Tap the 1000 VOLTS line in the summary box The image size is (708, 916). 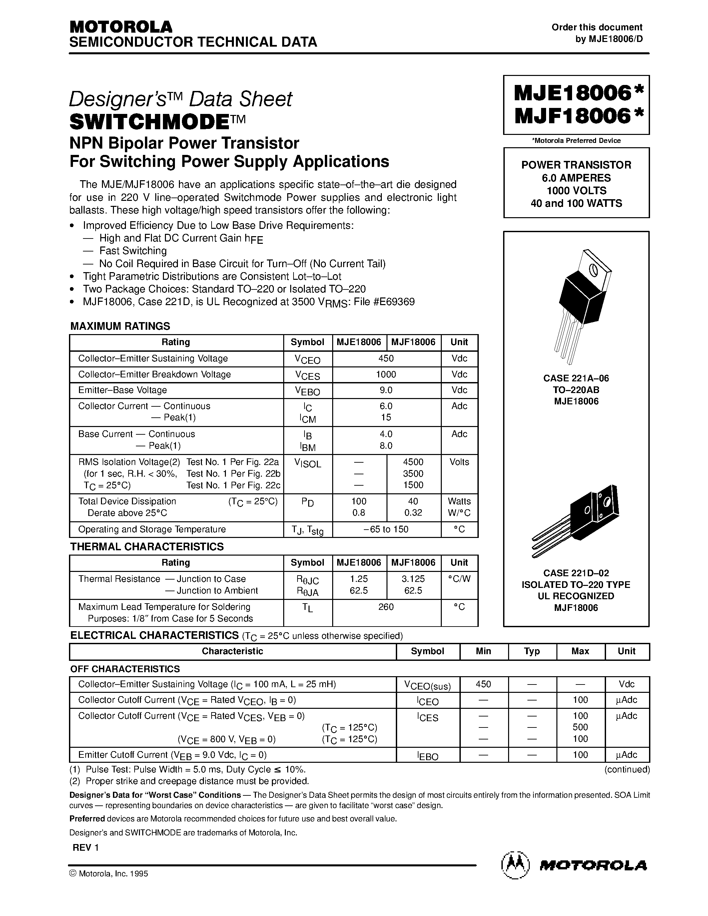coord(576,191)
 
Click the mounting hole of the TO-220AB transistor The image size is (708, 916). coord(593,270)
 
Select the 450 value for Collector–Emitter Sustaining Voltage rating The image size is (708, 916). coord(386,359)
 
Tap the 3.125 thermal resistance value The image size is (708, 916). coord(413,579)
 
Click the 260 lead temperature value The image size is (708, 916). coord(386,607)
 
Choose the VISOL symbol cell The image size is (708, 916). coord(308,463)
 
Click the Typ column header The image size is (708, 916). coord(532,651)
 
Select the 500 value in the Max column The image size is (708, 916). coord(580,727)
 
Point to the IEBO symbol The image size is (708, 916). coord(427,756)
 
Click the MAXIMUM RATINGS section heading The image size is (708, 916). coord(120,326)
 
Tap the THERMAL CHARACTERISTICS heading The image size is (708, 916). coord(147,547)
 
